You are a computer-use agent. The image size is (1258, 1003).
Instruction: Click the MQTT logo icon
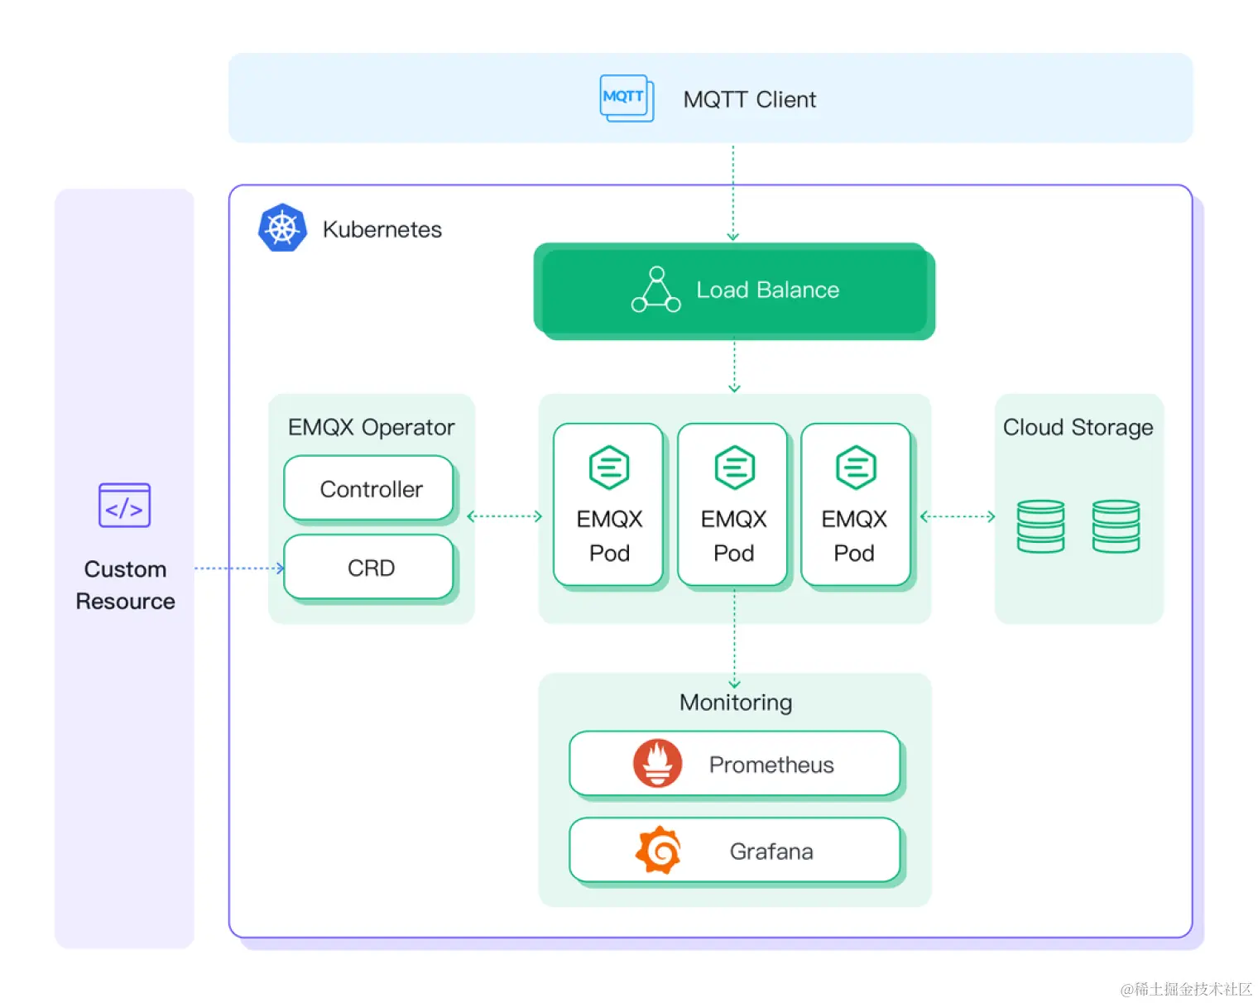(626, 98)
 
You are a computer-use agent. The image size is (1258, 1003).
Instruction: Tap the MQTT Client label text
(749, 99)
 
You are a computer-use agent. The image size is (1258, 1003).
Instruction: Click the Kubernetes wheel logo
(282, 228)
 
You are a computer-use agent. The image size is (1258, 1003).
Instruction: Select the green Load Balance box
(733, 290)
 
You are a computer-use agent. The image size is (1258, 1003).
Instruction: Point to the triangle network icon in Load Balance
(656, 290)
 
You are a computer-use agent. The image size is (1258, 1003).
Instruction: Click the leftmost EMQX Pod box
(608, 505)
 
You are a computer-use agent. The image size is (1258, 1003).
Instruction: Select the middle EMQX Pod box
(732, 505)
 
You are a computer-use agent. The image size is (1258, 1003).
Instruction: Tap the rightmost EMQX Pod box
(855, 505)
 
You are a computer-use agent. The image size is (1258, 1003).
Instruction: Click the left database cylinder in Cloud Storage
(1040, 525)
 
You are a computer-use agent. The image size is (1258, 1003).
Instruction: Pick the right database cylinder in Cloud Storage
(1116, 525)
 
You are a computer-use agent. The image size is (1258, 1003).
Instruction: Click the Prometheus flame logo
(657, 763)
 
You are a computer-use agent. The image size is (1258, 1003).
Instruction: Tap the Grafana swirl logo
(658, 850)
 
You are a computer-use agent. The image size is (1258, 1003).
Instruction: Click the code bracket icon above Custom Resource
(124, 506)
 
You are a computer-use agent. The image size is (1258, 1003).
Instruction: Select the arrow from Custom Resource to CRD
(238, 569)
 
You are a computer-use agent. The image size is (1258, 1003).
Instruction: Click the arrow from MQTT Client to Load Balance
(732, 193)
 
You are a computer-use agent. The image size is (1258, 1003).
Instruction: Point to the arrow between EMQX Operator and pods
(505, 516)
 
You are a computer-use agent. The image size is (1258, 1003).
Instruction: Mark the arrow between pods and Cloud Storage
(958, 516)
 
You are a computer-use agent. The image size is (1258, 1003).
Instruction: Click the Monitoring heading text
(735, 703)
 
